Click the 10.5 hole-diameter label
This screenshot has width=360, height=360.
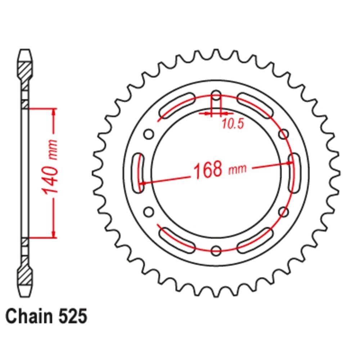tap(233, 124)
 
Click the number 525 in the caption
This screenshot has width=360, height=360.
tap(73, 316)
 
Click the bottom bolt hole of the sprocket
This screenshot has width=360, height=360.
tap(216, 250)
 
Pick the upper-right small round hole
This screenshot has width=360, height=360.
tap(284, 134)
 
